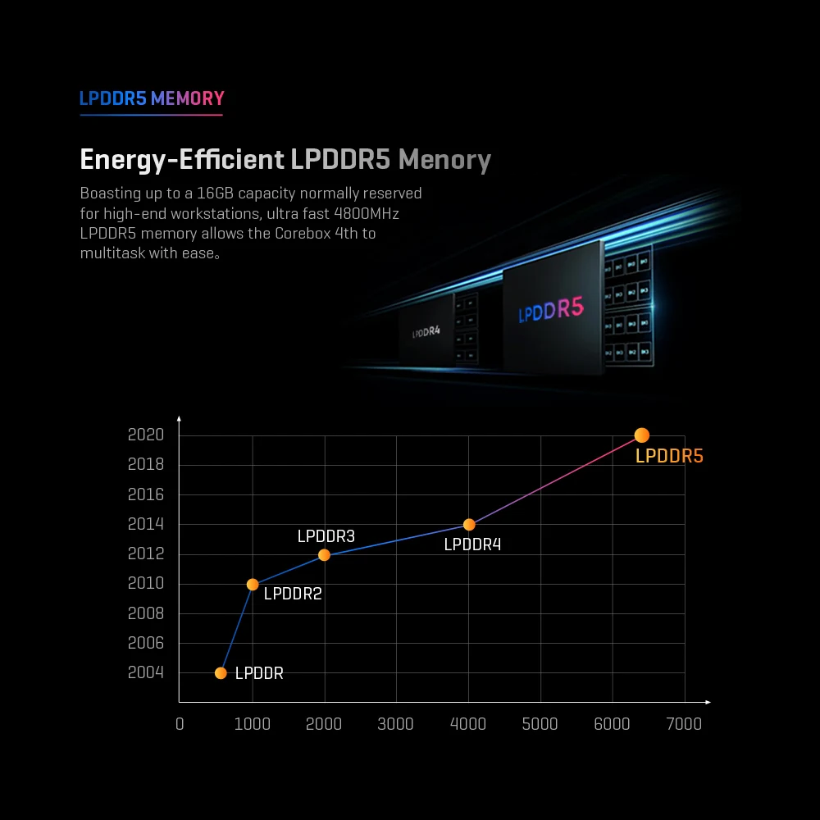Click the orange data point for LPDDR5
pos(641,435)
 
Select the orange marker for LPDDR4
pos(469,525)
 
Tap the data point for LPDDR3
pos(324,555)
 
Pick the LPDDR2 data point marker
pos(253,585)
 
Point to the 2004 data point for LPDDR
pos(221,673)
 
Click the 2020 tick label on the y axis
pos(146,435)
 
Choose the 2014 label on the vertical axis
pos(146,524)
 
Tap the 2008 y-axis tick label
pos(146,613)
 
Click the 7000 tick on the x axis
pos(684,723)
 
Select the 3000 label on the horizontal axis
pos(396,723)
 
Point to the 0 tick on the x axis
pos(180,723)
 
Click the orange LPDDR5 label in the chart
pos(669,457)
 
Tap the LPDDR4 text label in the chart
pos(472,544)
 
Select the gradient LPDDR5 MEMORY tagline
pos(152,99)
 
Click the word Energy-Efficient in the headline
pos(181,160)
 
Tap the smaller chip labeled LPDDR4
pos(426,331)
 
